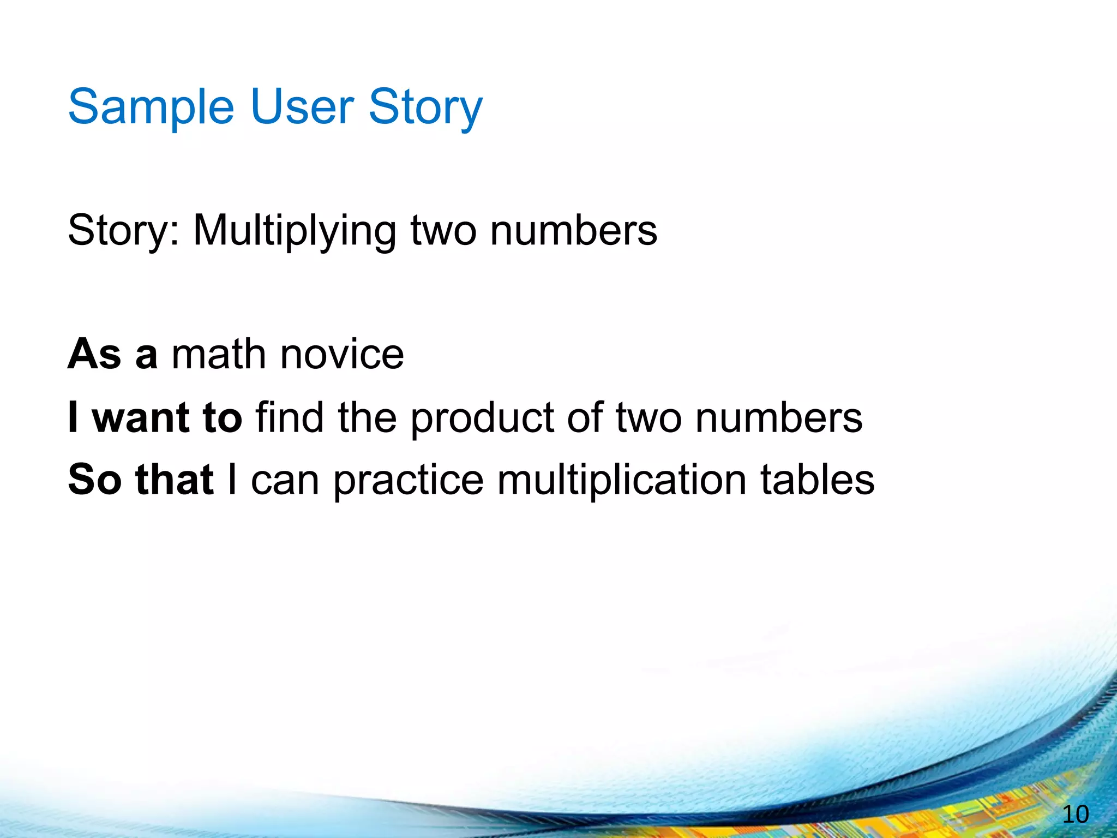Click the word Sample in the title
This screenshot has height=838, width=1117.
click(x=151, y=107)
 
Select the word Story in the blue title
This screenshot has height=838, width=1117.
click(x=425, y=107)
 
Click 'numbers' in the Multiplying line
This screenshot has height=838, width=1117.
click(x=573, y=230)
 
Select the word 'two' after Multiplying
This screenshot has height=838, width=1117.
click(x=443, y=230)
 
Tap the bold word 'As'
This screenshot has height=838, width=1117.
click(x=94, y=355)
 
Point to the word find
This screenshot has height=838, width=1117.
click(x=290, y=417)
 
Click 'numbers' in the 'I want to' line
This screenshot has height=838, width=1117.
click(x=778, y=418)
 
